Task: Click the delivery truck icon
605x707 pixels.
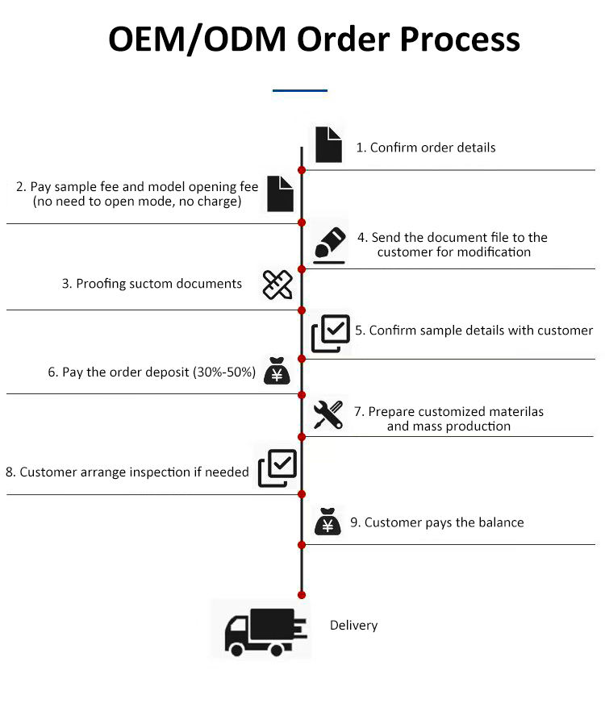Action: coord(265,632)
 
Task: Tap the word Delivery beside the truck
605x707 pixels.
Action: coord(353,626)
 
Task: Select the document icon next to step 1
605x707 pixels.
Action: coord(328,144)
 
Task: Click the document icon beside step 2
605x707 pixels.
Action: coord(280,193)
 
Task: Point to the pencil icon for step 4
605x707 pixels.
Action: coord(330,245)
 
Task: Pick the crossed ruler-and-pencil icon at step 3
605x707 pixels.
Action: coord(277,285)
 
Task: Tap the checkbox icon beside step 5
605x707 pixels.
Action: coord(331,333)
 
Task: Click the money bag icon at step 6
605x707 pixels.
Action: coord(277,371)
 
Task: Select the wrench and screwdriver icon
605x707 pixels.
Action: coord(328,414)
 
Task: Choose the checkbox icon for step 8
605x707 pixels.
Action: coord(277,468)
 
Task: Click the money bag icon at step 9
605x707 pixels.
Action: coord(328,522)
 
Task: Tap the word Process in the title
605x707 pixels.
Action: coord(460,40)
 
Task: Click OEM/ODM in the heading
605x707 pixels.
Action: coord(198,40)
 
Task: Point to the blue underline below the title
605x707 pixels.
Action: coord(300,90)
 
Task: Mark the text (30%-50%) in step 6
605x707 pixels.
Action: coord(224,372)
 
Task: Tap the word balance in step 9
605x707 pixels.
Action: coord(501,522)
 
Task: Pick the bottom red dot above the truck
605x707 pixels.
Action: coord(302,595)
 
